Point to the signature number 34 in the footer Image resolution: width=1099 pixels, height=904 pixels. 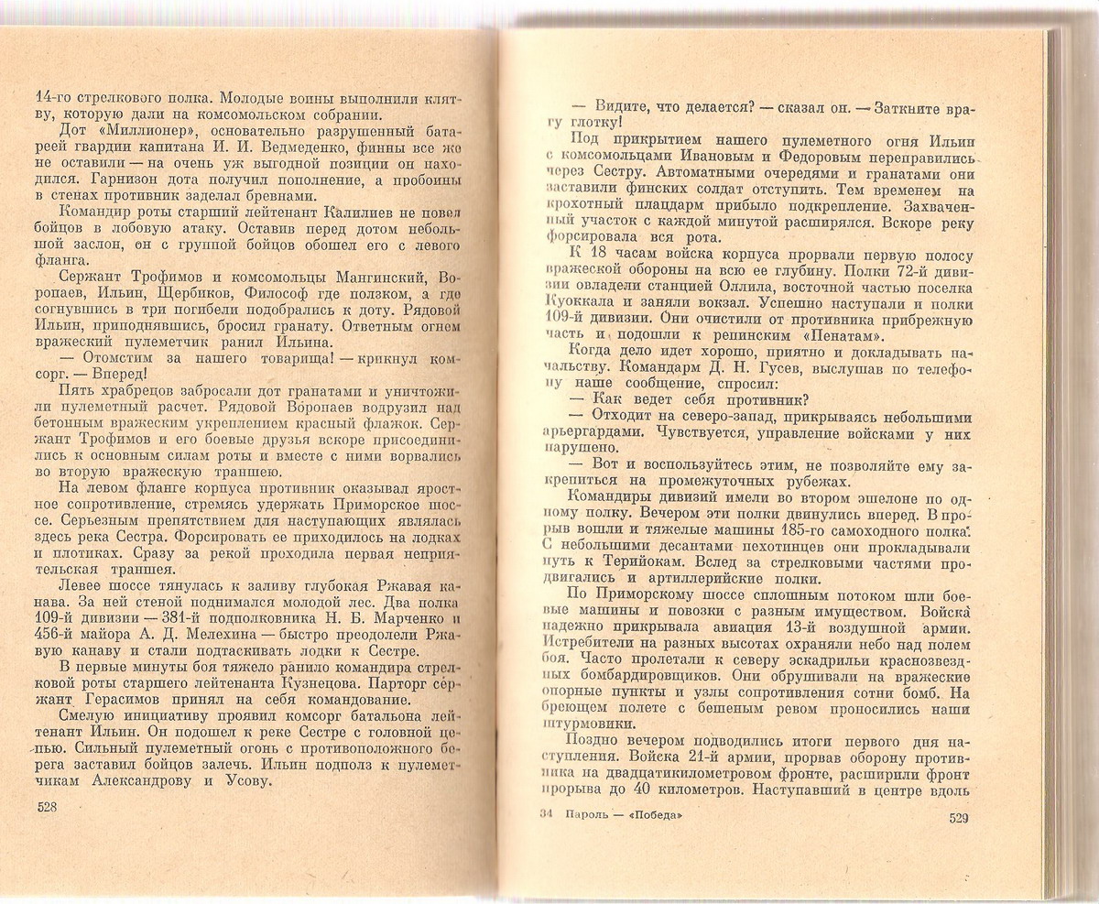coord(547,816)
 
